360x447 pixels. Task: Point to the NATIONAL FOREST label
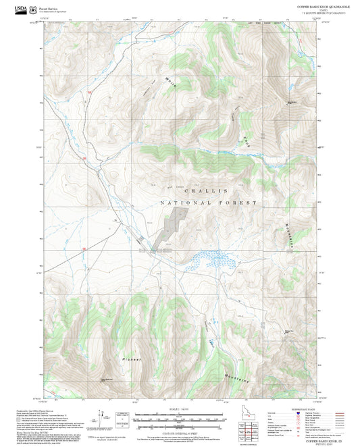click(x=209, y=203)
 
